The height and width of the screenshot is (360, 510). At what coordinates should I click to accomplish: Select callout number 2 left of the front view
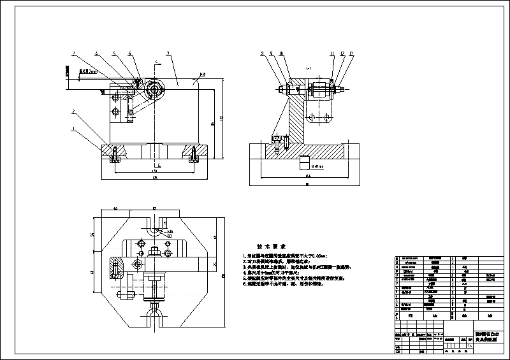(73, 112)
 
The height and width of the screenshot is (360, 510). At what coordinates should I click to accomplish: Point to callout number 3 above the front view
(74, 53)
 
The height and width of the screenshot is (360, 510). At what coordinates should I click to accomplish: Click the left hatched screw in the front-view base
(114, 154)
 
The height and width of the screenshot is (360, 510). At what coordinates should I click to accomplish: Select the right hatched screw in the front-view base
(193, 154)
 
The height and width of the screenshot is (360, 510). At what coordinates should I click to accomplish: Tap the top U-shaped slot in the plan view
(155, 227)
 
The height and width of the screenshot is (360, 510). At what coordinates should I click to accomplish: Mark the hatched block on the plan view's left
(117, 268)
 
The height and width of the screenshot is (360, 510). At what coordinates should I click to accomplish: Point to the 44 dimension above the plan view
(115, 209)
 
